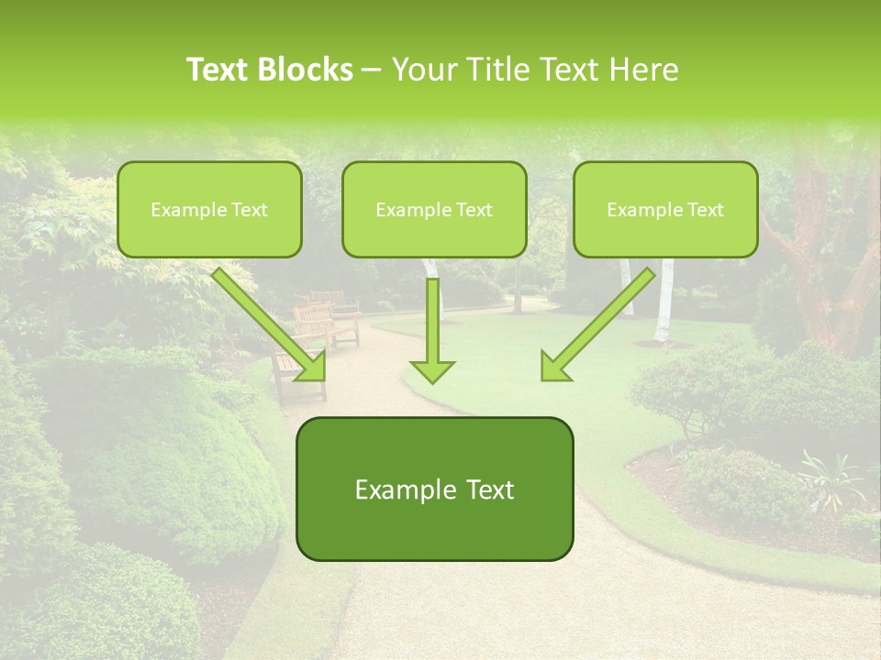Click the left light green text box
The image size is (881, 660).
click(209, 209)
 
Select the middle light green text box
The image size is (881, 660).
click(434, 209)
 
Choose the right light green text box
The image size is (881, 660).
click(665, 209)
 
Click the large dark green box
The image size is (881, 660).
click(434, 489)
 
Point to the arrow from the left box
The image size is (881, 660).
click(271, 325)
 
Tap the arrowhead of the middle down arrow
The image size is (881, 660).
click(432, 370)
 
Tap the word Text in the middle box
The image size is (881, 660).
click(474, 210)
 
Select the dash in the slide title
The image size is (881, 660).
click(372, 70)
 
